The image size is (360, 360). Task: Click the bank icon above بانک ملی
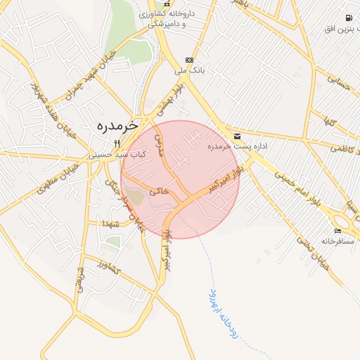[188, 60]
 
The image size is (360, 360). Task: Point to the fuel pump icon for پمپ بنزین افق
[349, 18]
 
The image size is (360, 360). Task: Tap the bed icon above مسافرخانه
[337, 231]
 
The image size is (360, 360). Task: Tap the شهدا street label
[112, 223]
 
